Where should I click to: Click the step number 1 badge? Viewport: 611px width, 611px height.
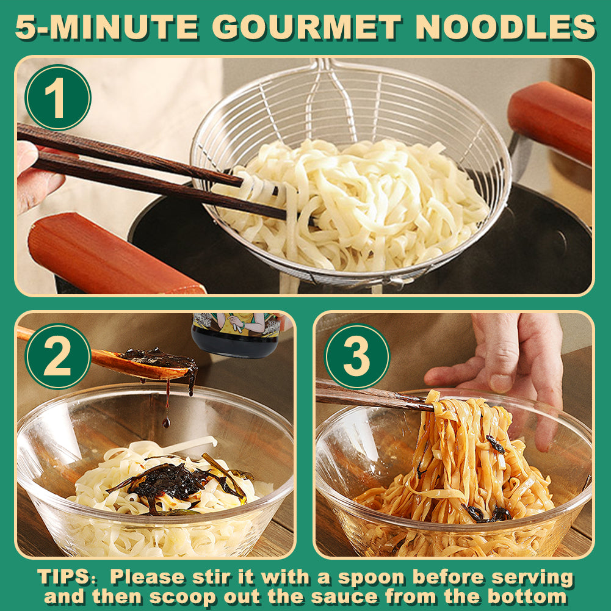click(x=58, y=98)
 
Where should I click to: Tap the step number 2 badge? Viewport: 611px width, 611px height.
click(x=58, y=356)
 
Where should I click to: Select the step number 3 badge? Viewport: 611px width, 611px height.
click(x=357, y=356)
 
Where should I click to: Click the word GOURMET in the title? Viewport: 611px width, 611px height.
click(x=307, y=27)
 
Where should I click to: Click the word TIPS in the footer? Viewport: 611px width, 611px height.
click(x=64, y=577)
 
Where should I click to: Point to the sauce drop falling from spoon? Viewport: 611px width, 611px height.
click(x=167, y=422)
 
